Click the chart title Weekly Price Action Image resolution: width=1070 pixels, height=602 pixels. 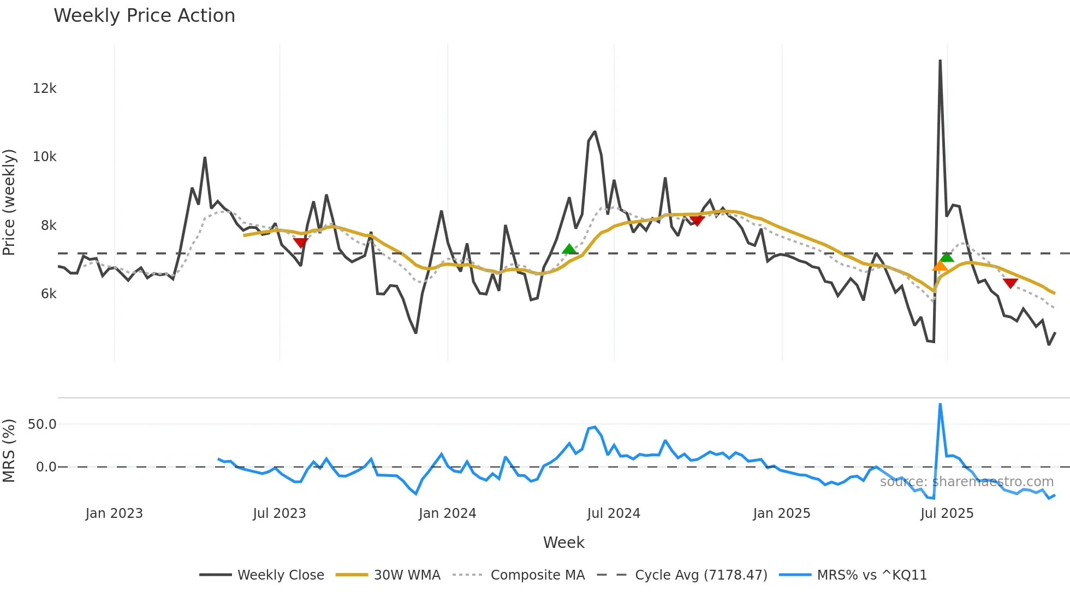click(x=144, y=16)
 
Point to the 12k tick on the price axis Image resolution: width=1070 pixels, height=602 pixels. click(x=44, y=88)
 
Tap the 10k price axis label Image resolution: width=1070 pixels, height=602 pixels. click(x=44, y=157)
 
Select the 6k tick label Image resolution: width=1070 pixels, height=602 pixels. click(x=48, y=294)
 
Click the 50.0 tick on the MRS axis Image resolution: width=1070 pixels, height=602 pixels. click(x=42, y=424)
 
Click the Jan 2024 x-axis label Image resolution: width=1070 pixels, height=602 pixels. click(x=447, y=514)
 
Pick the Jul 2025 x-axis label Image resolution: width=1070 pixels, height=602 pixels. click(x=947, y=514)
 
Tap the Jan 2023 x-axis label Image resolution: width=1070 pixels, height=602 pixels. click(x=114, y=514)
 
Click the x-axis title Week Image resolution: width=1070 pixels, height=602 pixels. click(x=563, y=542)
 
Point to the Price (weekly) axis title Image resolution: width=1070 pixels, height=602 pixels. click(x=9, y=202)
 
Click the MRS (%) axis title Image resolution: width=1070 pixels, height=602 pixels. click(x=9, y=451)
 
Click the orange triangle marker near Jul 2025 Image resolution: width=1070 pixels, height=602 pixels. click(x=940, y=267)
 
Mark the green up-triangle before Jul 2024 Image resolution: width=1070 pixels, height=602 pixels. click(x=569, y=250)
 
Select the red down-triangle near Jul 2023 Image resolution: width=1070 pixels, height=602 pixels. click(x=300, y=243)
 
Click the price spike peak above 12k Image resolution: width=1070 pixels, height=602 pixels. click(x=940, y=61)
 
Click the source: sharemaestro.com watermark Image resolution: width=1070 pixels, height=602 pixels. click(x=966, y=482)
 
